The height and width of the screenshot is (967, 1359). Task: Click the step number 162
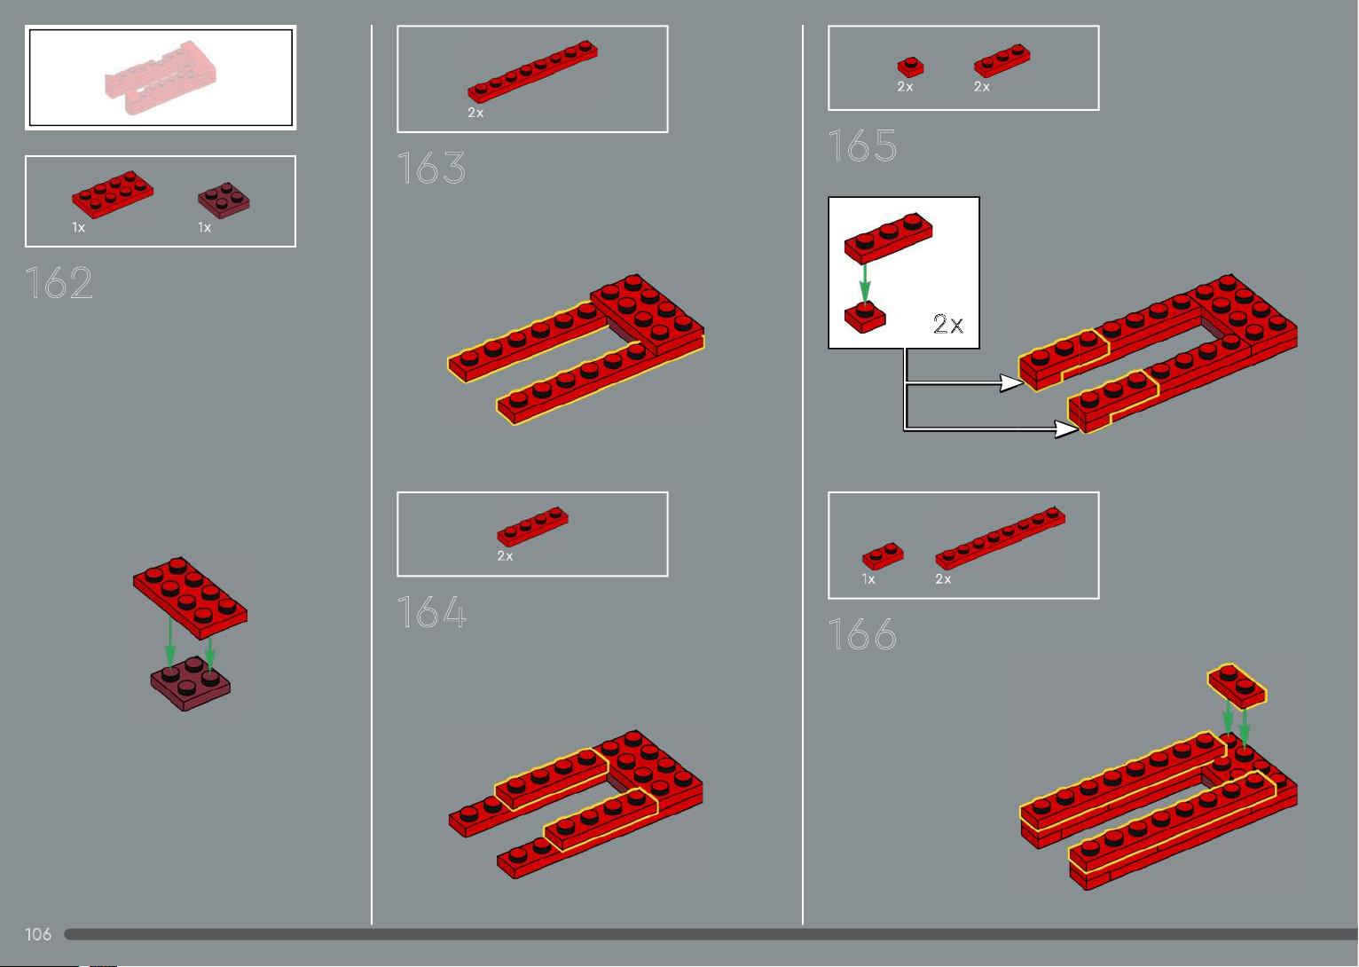[x=59, y=283]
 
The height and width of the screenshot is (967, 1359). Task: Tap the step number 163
[x=431, y=168]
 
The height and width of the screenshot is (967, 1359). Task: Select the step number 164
[x=432, y=611]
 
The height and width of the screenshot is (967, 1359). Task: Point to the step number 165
[x=862, y=145]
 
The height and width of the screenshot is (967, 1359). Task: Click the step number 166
[x=862, y=634]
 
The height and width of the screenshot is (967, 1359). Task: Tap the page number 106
[x=37, y=934]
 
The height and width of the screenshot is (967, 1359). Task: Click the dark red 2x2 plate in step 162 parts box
[x=224, y=200]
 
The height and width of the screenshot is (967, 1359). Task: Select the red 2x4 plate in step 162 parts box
[x=113, y=194]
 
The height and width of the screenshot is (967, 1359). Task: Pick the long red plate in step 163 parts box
[x=532, y=71]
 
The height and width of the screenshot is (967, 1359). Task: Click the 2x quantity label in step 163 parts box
[x=475, y=113]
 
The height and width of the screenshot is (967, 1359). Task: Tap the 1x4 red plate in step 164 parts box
[x=532, y=527]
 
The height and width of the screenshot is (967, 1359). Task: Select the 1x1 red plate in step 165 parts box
[x=911, y=67]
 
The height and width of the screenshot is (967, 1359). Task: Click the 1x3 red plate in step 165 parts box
[x=1002, y=60]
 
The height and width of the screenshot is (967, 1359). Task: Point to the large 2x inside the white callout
[x=948, y=324]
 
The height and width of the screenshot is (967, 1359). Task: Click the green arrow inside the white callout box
[x=865, y=284]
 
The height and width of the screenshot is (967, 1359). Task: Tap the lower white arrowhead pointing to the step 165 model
[x=1066, y=428]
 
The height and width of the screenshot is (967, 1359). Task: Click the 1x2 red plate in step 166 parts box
[x=883, y=555]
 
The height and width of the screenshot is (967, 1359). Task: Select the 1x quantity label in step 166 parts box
[x=868, y=579]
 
